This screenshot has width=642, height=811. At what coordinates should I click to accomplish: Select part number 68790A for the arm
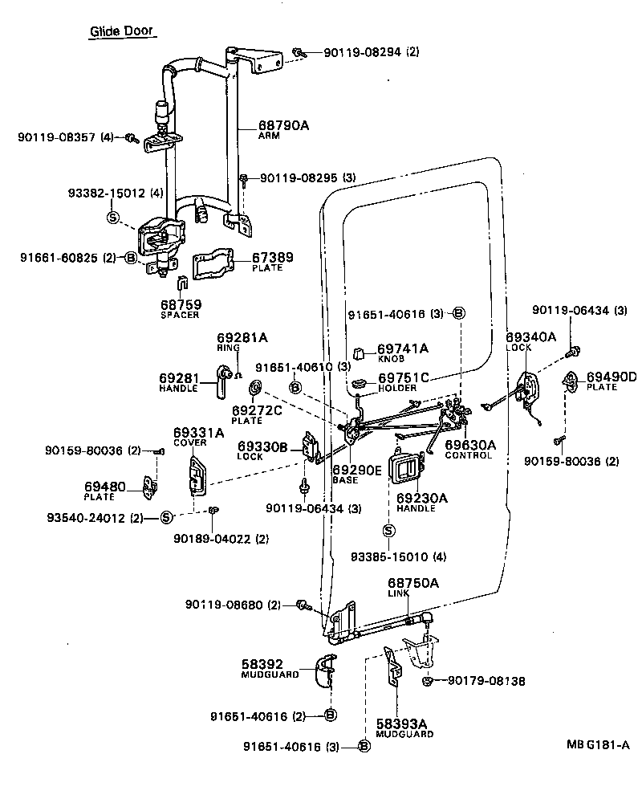(x=283, y=126)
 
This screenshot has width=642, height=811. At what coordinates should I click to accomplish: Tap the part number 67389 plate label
(x=274, y=258)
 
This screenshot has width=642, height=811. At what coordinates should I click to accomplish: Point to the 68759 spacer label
(x=180, y=305)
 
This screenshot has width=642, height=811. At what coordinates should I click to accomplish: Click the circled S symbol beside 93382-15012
(x=112, y=217)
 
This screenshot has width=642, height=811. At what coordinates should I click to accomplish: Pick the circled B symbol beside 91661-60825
(x=131, y=258)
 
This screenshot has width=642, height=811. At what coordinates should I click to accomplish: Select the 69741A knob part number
(x=403, y=348)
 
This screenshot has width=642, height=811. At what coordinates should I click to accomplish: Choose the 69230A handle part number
(x=421, y=498)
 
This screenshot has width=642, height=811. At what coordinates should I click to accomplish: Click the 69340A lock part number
(x=530, y=337)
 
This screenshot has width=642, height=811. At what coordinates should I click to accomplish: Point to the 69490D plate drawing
(x=572, y=380)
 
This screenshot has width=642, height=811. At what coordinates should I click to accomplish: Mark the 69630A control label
(x=470, y=444)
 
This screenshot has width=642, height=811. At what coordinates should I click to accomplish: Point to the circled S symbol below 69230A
(x=389, y=530)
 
